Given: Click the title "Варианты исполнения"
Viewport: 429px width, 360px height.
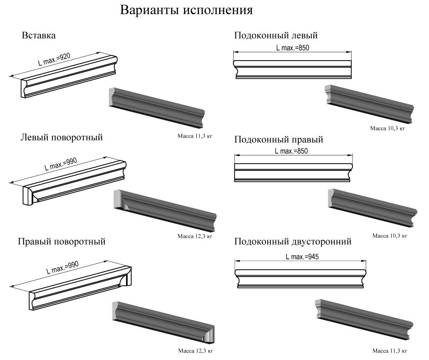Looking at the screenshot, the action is point(186,10).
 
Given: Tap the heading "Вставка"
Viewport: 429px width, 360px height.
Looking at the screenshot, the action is point(39,35).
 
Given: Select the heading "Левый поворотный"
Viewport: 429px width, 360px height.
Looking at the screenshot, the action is point(61,137).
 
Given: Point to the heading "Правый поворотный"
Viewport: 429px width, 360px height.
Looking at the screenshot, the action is point(61,242).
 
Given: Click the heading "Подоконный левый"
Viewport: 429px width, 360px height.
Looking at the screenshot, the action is point(276,35).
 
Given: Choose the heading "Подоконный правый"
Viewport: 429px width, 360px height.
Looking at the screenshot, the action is point(279,139).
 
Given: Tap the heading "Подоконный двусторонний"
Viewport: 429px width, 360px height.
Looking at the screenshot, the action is point(293,242).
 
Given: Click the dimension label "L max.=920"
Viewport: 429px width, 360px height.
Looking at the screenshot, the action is point(54,59).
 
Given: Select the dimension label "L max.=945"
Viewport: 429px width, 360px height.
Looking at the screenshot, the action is point(302,257).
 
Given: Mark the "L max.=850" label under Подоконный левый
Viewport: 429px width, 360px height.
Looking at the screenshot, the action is point(292,48).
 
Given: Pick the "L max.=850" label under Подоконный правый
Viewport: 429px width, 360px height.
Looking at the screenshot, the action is point(291,151).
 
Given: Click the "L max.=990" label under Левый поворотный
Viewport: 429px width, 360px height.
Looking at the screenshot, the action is point(61,164).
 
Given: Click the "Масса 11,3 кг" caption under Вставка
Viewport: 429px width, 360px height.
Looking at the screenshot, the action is point(195,136).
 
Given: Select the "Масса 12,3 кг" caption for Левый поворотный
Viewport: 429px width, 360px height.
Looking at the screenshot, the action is point(195,236).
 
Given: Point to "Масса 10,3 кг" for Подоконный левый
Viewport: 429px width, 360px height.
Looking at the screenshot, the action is point(388,128).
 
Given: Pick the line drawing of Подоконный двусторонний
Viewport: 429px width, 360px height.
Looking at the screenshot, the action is point(301,278).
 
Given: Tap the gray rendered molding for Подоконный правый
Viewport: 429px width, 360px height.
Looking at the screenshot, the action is point(373,208).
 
